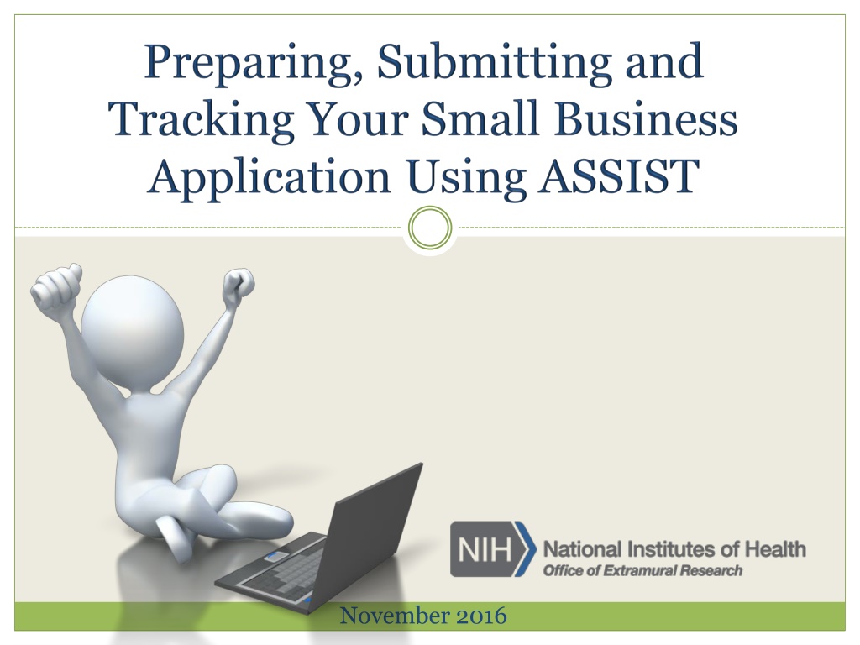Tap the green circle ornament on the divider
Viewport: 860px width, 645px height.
431,227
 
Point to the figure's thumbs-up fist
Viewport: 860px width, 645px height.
56,289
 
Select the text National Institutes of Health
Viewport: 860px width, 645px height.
674,549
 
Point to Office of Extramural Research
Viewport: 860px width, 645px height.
642,570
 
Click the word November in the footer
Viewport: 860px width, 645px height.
394,616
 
